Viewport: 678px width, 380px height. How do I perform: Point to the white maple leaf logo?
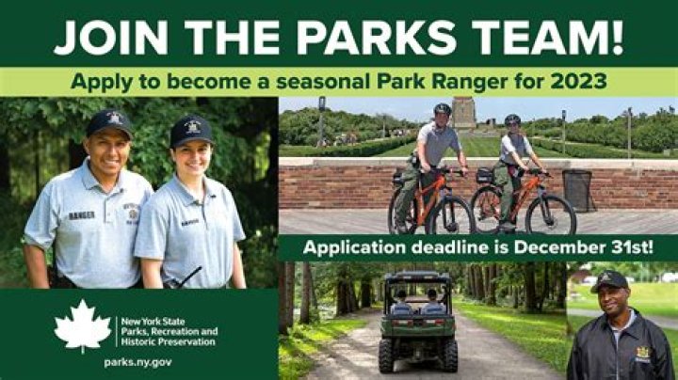[82, 325]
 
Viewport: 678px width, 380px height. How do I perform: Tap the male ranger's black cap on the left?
[109, 122]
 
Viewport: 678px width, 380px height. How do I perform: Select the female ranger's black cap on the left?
[191, 130]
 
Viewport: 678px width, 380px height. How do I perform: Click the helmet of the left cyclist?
[443, 109]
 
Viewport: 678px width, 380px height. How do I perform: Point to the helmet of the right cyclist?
[512, 119]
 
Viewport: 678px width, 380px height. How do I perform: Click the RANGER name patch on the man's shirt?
[82, 215]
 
